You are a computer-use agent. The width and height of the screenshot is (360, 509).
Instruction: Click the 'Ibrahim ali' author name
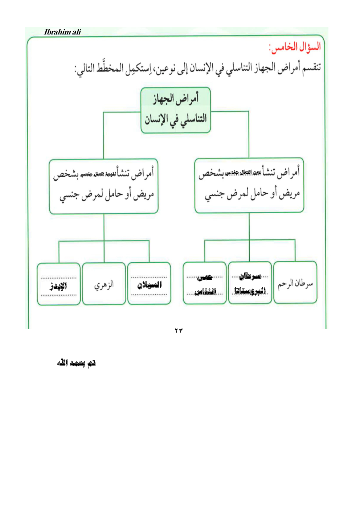click(62, 32)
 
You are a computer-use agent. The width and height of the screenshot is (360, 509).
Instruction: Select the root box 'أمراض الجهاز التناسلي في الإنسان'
click(176, 110)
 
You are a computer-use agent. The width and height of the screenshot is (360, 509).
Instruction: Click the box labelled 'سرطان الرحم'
click(295, 283)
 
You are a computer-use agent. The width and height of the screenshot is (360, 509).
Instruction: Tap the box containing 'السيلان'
click(149, 284)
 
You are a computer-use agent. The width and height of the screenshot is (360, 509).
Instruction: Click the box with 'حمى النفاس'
click(205, 284)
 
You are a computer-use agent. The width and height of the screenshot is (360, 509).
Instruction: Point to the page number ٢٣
click(179, 331)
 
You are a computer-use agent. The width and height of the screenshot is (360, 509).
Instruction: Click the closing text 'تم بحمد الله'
click(76, 363)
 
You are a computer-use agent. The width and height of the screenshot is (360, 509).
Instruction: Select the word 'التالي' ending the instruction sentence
click(86, 68)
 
